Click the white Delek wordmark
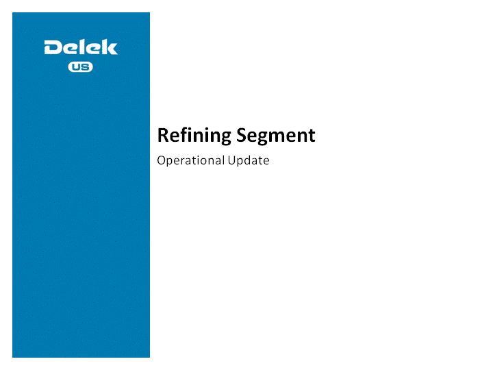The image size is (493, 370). pos(81,47)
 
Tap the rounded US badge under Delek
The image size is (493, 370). pos(81,66)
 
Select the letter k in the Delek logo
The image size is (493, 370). pos(110,47)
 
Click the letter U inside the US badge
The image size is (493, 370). pos(76,66)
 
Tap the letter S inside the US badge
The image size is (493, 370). pos(85,66)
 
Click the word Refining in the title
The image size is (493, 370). pos(194,136)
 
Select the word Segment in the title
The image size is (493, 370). pos(276,136)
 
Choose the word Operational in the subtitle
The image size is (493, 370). pos(190,160)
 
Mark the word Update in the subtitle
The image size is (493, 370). pos(249,160)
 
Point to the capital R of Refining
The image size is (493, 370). pos(163,135)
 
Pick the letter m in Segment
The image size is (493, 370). pos(279,137)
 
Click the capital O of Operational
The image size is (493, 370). pos(162,160)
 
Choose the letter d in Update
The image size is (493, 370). pos(249,160)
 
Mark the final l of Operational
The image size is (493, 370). pos(223,160)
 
